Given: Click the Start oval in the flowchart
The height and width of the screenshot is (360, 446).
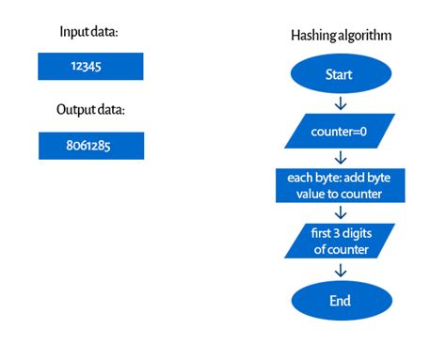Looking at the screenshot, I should pos(340,73).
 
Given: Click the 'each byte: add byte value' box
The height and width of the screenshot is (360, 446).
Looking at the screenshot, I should pos(340,185).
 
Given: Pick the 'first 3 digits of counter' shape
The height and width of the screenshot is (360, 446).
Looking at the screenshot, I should pos(340,242).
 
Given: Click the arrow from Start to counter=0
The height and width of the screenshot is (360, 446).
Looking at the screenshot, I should pos(340,102).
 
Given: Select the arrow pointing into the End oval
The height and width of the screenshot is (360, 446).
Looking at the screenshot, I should pos(340,272).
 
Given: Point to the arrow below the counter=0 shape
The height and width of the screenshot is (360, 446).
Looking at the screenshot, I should pos(340,157).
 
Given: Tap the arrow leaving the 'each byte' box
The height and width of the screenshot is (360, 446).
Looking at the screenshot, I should pos(340,212).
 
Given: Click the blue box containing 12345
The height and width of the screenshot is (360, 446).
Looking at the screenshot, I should pos(90,66).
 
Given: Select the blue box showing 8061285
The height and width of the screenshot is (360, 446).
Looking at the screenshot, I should pos(90,146).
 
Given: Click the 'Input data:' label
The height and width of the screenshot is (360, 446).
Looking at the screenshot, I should pos(90,32).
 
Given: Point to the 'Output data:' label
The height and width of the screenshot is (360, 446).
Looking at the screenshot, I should pos(90,110).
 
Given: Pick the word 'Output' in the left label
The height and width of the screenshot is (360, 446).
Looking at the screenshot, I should pos(74,110).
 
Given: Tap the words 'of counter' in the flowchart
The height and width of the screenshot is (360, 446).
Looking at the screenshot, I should pos(340,250).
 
